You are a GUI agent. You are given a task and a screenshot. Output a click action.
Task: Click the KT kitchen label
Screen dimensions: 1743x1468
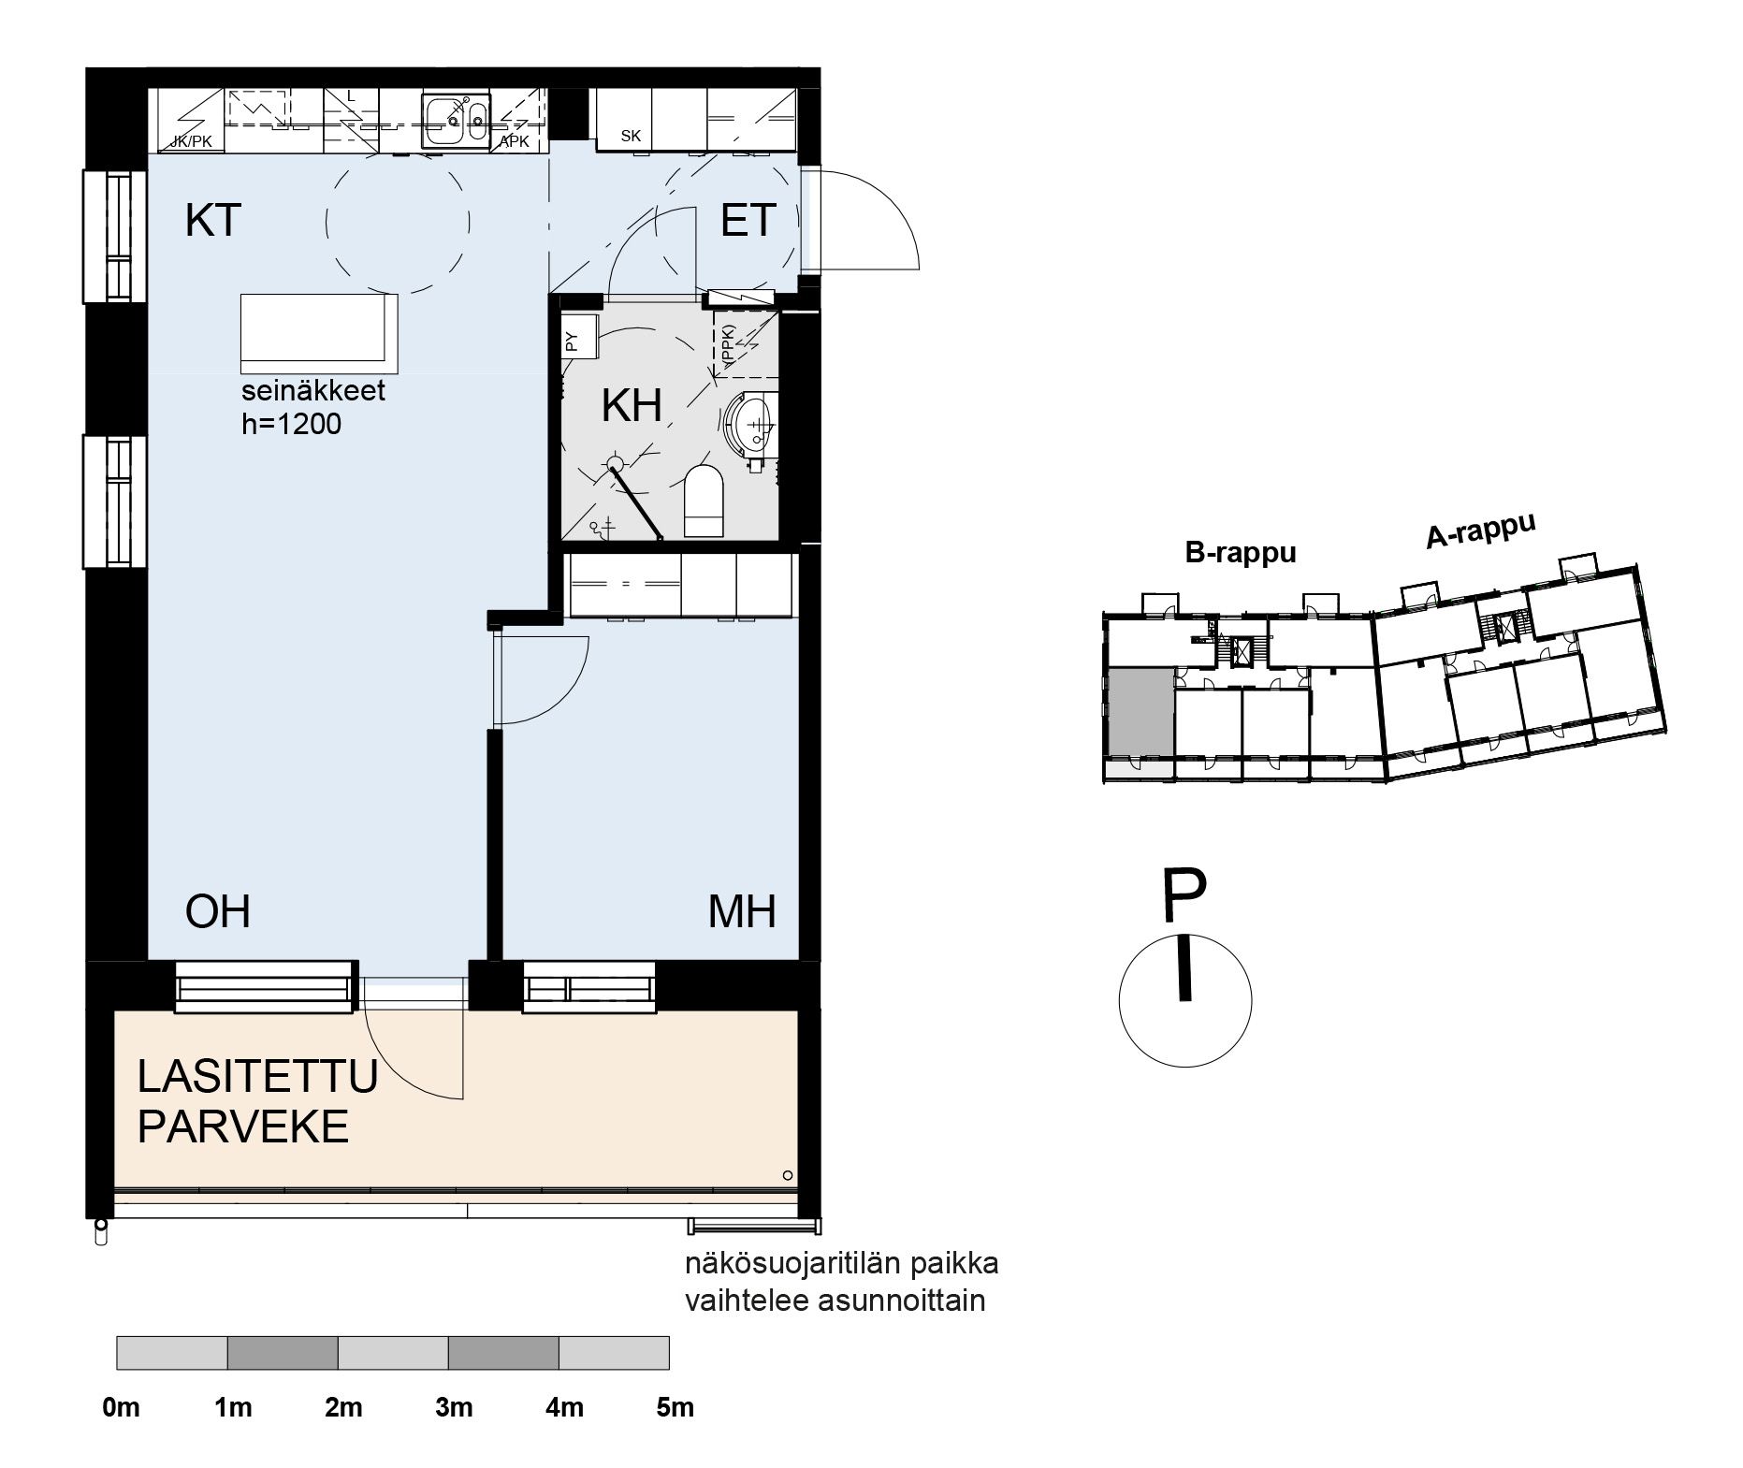(x=213, y=222)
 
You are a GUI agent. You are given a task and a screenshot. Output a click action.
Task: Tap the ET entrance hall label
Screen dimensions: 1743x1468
(x=748, y=222)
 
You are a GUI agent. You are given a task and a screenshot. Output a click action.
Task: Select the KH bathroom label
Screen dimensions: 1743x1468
(x=632, y=406)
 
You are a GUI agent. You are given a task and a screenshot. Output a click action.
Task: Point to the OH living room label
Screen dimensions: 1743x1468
(x=218, y=911)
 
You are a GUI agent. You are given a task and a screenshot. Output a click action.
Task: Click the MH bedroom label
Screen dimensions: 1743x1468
(x=742, y=911)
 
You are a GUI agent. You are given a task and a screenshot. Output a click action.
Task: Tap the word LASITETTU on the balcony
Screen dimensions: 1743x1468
(x=257, y=1077)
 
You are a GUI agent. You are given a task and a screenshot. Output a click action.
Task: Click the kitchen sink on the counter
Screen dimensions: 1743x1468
(x=455, y=121)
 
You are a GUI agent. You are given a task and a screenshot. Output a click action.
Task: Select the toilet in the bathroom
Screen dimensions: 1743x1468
(x=704, y=501)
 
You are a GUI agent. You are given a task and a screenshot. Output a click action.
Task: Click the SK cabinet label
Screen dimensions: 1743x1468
(x=631, y=137)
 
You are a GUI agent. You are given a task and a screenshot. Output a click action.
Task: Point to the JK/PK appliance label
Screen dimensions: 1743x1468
(x=192, y=142)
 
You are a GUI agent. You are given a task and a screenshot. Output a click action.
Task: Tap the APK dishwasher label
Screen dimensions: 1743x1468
(x=514, y=142)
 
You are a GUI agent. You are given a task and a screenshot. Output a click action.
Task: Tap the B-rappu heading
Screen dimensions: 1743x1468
(x=1241, y=553)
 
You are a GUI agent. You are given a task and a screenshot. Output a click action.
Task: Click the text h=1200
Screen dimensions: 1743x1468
(x=291, y=424)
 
